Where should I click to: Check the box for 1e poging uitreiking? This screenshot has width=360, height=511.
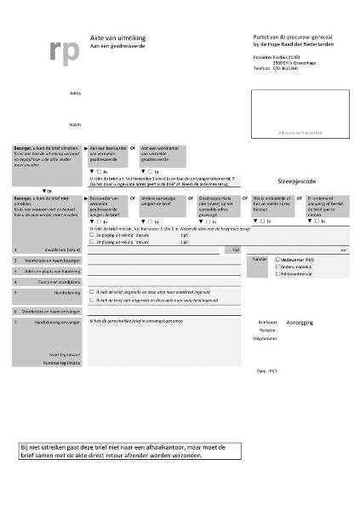(x=92, y=236)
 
